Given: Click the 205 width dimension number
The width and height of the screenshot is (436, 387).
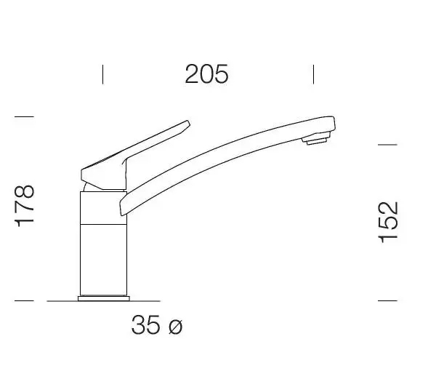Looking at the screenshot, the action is (206, 74).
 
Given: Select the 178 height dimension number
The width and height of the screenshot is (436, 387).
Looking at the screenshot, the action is (24, 206).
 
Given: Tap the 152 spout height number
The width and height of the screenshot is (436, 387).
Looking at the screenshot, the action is (388, 222).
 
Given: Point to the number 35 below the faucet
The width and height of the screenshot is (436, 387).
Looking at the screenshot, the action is (145, 324).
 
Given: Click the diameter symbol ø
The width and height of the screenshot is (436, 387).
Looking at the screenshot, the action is (175, 327).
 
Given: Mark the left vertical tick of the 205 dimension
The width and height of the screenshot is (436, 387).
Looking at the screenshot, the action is (103, 74).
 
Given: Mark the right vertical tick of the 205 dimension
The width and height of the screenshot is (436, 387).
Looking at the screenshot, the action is (313, 74).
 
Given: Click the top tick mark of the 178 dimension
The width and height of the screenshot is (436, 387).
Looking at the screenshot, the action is (24, 116).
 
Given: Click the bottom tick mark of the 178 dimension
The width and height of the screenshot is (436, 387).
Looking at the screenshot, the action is (24, 300).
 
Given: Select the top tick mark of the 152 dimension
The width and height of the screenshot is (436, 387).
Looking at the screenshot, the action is (387, 145).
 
